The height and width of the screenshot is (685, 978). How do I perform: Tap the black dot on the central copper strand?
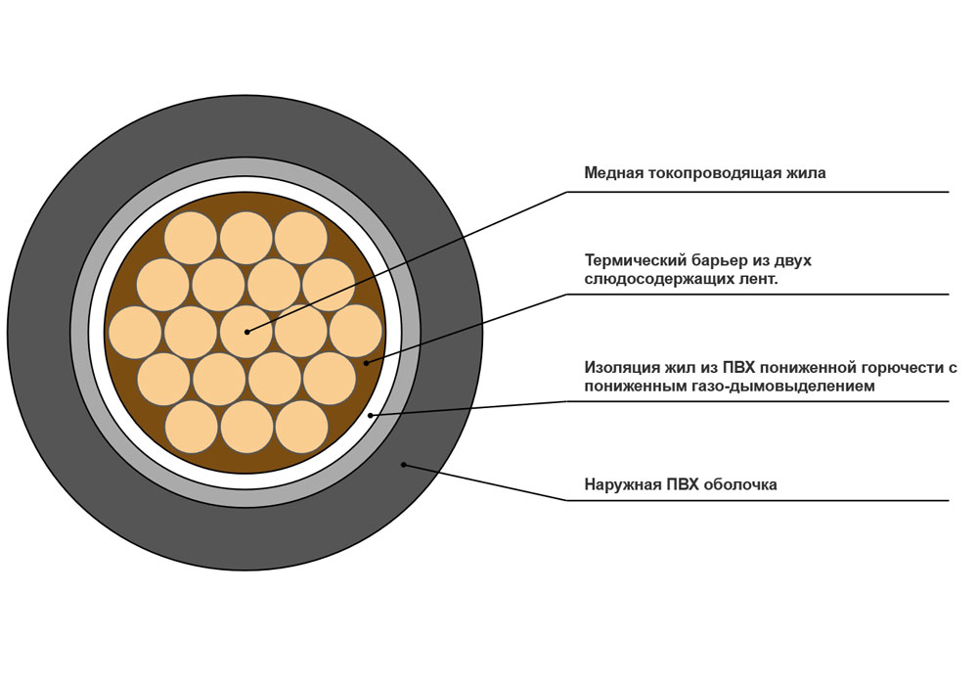point(246,332)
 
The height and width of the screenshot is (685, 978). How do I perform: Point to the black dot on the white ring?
point(371,415)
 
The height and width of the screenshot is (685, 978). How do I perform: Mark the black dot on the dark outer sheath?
point(403,464)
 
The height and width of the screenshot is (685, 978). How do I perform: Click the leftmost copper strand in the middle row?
point(135,332)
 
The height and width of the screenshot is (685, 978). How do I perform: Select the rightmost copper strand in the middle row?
point(356,332)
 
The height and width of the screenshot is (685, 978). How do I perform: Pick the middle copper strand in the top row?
point(246,237)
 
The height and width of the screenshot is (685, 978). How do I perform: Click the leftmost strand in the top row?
point(191,237)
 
